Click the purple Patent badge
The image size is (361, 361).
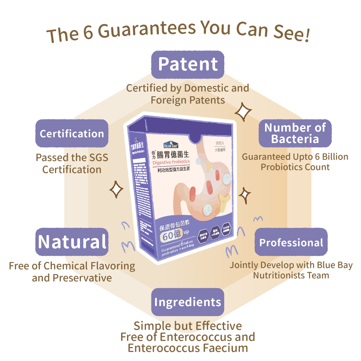click(188, 64)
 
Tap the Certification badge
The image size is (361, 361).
click(72, 133)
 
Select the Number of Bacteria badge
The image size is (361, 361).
click(295, 133)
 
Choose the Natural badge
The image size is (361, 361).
click(72, 242)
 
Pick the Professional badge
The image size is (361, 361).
click(291, 242)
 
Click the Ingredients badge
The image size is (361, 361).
click(188, 302)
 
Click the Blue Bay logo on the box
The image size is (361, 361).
click(171, 145)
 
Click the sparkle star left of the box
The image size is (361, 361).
click(117, 190)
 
